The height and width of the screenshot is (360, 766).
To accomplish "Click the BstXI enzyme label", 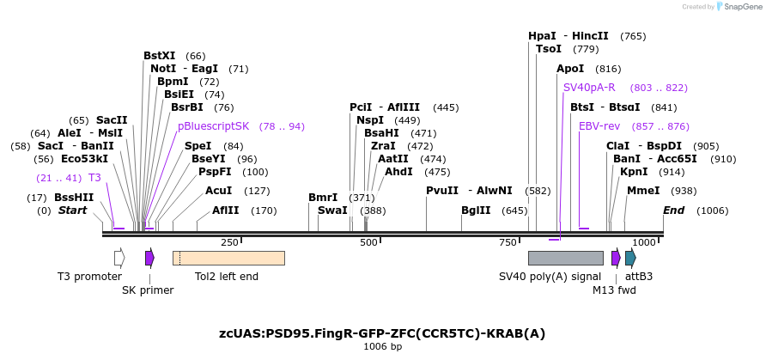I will point(159,56).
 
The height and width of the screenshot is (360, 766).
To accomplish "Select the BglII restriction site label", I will point(476,211).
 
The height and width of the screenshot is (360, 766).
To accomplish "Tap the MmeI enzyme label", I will point(643,191).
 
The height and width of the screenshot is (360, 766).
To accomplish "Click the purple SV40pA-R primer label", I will point(589,88).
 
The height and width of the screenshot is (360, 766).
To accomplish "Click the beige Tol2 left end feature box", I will point(228,258).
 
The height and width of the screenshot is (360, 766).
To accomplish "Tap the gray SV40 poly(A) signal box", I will point(565,258).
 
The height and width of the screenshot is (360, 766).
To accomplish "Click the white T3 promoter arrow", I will point(119,258).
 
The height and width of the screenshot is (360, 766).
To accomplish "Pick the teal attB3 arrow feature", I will point(630,258).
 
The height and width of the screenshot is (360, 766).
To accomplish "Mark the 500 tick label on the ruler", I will point(368,243).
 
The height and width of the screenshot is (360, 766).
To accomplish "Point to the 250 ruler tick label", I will point(229,243).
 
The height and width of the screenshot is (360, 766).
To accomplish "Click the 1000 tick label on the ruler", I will point(644,243).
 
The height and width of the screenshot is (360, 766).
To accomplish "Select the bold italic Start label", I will point(73,211).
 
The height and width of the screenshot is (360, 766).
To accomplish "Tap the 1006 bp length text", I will point(382,347).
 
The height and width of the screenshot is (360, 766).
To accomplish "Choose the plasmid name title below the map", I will point(382,333).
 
